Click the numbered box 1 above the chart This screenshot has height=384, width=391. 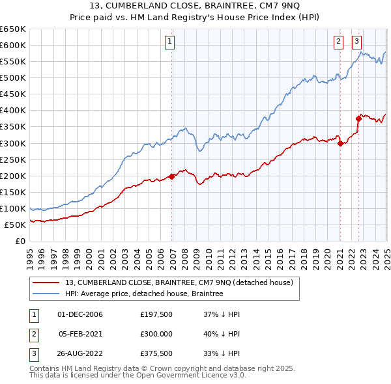[169, 42]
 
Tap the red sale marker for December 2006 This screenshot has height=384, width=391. [172, 176]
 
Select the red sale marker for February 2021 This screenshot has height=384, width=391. [340, 144]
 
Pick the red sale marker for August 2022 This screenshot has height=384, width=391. [358, 118]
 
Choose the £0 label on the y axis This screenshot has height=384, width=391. [20, 241]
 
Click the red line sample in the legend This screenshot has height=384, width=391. [46, 282]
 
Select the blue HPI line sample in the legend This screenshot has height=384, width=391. [46, 294]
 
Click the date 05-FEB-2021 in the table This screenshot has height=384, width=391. [80, 333]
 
